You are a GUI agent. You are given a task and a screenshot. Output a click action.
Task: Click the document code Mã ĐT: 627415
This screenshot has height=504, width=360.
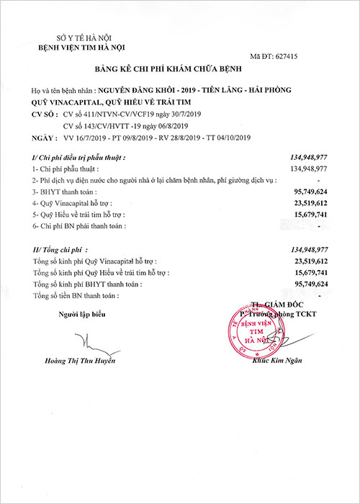(x=300, y=55)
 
